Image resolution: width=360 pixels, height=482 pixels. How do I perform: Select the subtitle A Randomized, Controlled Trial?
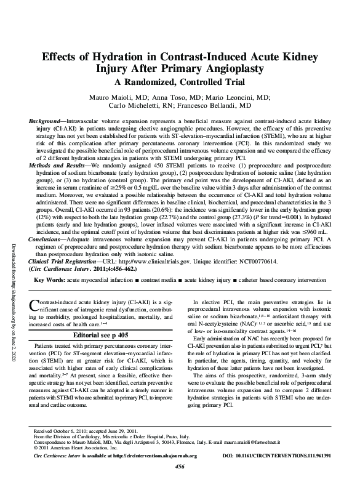pos(180,81)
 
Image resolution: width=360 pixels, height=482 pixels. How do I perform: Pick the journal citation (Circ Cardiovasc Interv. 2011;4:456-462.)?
pos(86,269)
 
